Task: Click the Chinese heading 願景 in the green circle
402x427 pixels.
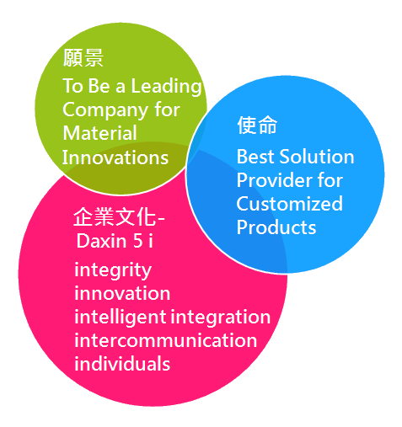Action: tap(83, 57)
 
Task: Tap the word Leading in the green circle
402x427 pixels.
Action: tap(166, 87)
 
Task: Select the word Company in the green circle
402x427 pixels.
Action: tap(105, 110)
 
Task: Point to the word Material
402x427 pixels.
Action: tap(99, 133)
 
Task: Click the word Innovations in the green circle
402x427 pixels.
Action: tap(115, 157)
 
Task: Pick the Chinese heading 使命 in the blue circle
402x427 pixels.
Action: tap(257, 125)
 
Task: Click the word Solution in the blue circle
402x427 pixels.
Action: tap(317, 157)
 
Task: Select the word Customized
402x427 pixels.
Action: tap(290, 204)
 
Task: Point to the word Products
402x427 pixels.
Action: tap(276, 227)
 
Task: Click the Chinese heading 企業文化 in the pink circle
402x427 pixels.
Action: tap(115, 216)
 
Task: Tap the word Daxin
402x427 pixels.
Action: tap(102, 241)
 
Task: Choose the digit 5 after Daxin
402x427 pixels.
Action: tap(138, 241)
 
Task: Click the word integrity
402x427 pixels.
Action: tap(113, 270)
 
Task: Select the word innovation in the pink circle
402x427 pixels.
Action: tap(122, 293)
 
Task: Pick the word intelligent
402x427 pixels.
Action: tap(121, 318)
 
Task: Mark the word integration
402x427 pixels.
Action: tap(221, 318)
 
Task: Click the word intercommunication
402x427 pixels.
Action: tap(166, 340)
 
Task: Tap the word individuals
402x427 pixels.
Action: tap(122, 364)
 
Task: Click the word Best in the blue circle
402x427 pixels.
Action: tap(255, 157)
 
